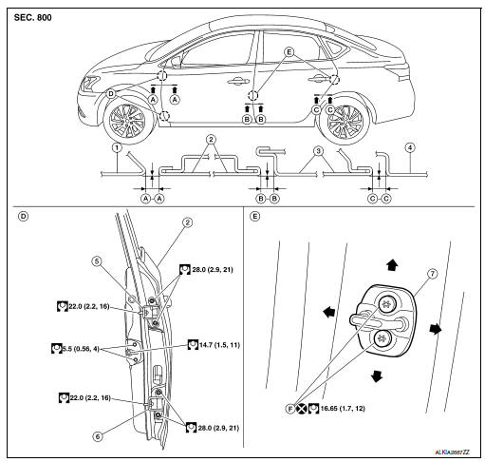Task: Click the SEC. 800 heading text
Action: tap(32, 17)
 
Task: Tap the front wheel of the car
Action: tap(127, 120)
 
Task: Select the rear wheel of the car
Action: tap(345, 120)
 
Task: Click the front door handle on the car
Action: tap(238, 82)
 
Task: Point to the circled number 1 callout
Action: tap(117, 147)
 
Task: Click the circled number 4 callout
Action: tap(410, 147)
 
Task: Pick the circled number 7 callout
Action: tap(433, 274)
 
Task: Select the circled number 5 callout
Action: tap(97, 261)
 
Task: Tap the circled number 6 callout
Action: tap(98, 436)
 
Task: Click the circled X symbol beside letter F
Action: tap(302, 409)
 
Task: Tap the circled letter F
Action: tap(290, 409)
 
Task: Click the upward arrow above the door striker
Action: tap(392, 264)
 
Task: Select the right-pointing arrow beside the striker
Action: tap(436, 329)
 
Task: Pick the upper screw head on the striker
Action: tap(388, 304)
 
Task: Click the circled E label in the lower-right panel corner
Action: tap(254, 217)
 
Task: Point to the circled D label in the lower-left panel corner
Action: tap(24, 217)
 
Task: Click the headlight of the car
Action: tap(89, 84)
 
